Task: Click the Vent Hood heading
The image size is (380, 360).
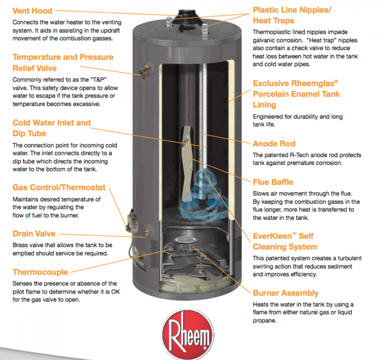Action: click(x=32, y=10)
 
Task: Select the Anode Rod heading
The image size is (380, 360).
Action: click(x=274, y=144)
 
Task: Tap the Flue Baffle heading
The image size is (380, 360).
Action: click(x=273, y=182)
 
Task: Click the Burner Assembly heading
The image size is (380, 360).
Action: click(x=285, y=293)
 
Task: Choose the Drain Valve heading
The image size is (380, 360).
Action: click(x=34, y=234)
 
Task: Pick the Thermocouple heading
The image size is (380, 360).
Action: click(x=41, y=272)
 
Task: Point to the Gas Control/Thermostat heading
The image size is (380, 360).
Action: click(x=59, y=188)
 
